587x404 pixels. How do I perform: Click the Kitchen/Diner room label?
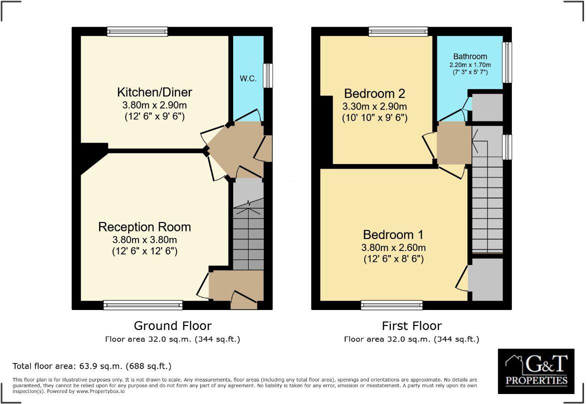tap(154, 92)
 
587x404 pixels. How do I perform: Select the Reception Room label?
tap(144, 227)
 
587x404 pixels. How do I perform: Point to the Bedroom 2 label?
tap(374, 93)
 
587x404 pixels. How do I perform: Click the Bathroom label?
tap(470, 56)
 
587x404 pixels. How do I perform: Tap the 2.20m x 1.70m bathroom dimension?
tap(470, 65)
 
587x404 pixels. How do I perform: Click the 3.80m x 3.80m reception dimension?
tap(144, 239)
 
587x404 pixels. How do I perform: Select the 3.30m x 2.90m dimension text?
tap(374, 106)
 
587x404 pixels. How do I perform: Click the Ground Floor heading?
tap(173, 326)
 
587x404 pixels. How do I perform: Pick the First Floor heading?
tap(411, 326)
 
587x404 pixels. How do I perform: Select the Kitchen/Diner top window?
tap(137, 31)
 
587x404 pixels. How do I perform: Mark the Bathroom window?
tap(507, 62)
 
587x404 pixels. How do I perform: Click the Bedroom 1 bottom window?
tap(392, 305)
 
